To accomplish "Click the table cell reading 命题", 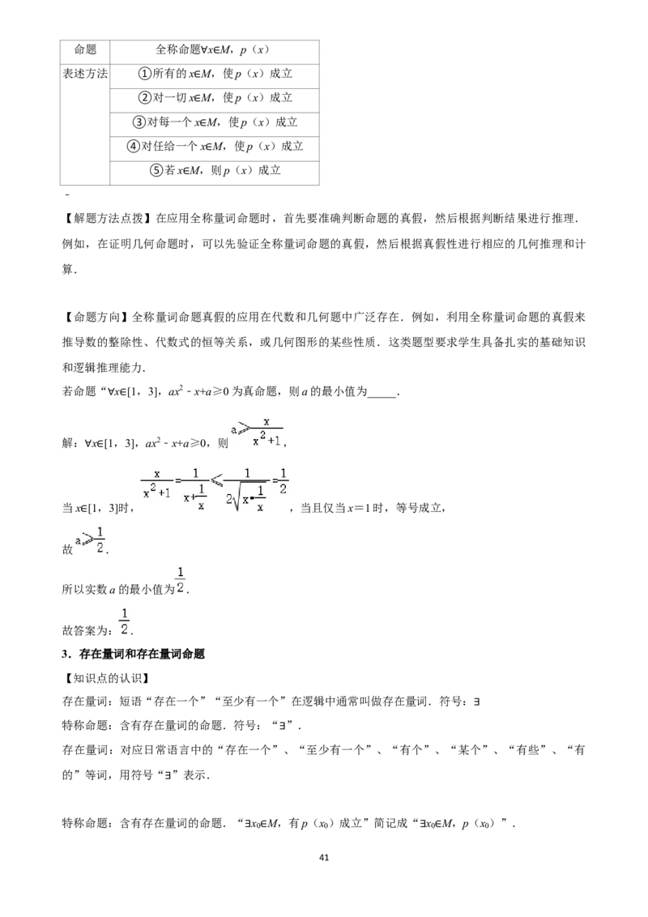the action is pos(85,49).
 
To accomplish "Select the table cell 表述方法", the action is pos(85,74).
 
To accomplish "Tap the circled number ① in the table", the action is pos(144,74).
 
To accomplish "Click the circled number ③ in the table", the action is pos(139,122).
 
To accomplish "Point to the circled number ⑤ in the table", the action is pos(156,170).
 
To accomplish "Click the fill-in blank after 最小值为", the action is pos(382,396).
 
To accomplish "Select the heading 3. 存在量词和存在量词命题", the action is pos(134,654).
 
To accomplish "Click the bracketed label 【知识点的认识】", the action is pos(106,678).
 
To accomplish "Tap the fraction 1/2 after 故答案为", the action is pos(124,621).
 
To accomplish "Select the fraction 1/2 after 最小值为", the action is pos(180,580).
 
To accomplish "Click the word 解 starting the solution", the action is pos(68,443).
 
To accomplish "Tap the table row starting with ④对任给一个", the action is pos(215,146).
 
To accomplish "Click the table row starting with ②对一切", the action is pos(215,98).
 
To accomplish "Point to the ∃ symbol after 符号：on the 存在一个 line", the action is pos(476,702).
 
